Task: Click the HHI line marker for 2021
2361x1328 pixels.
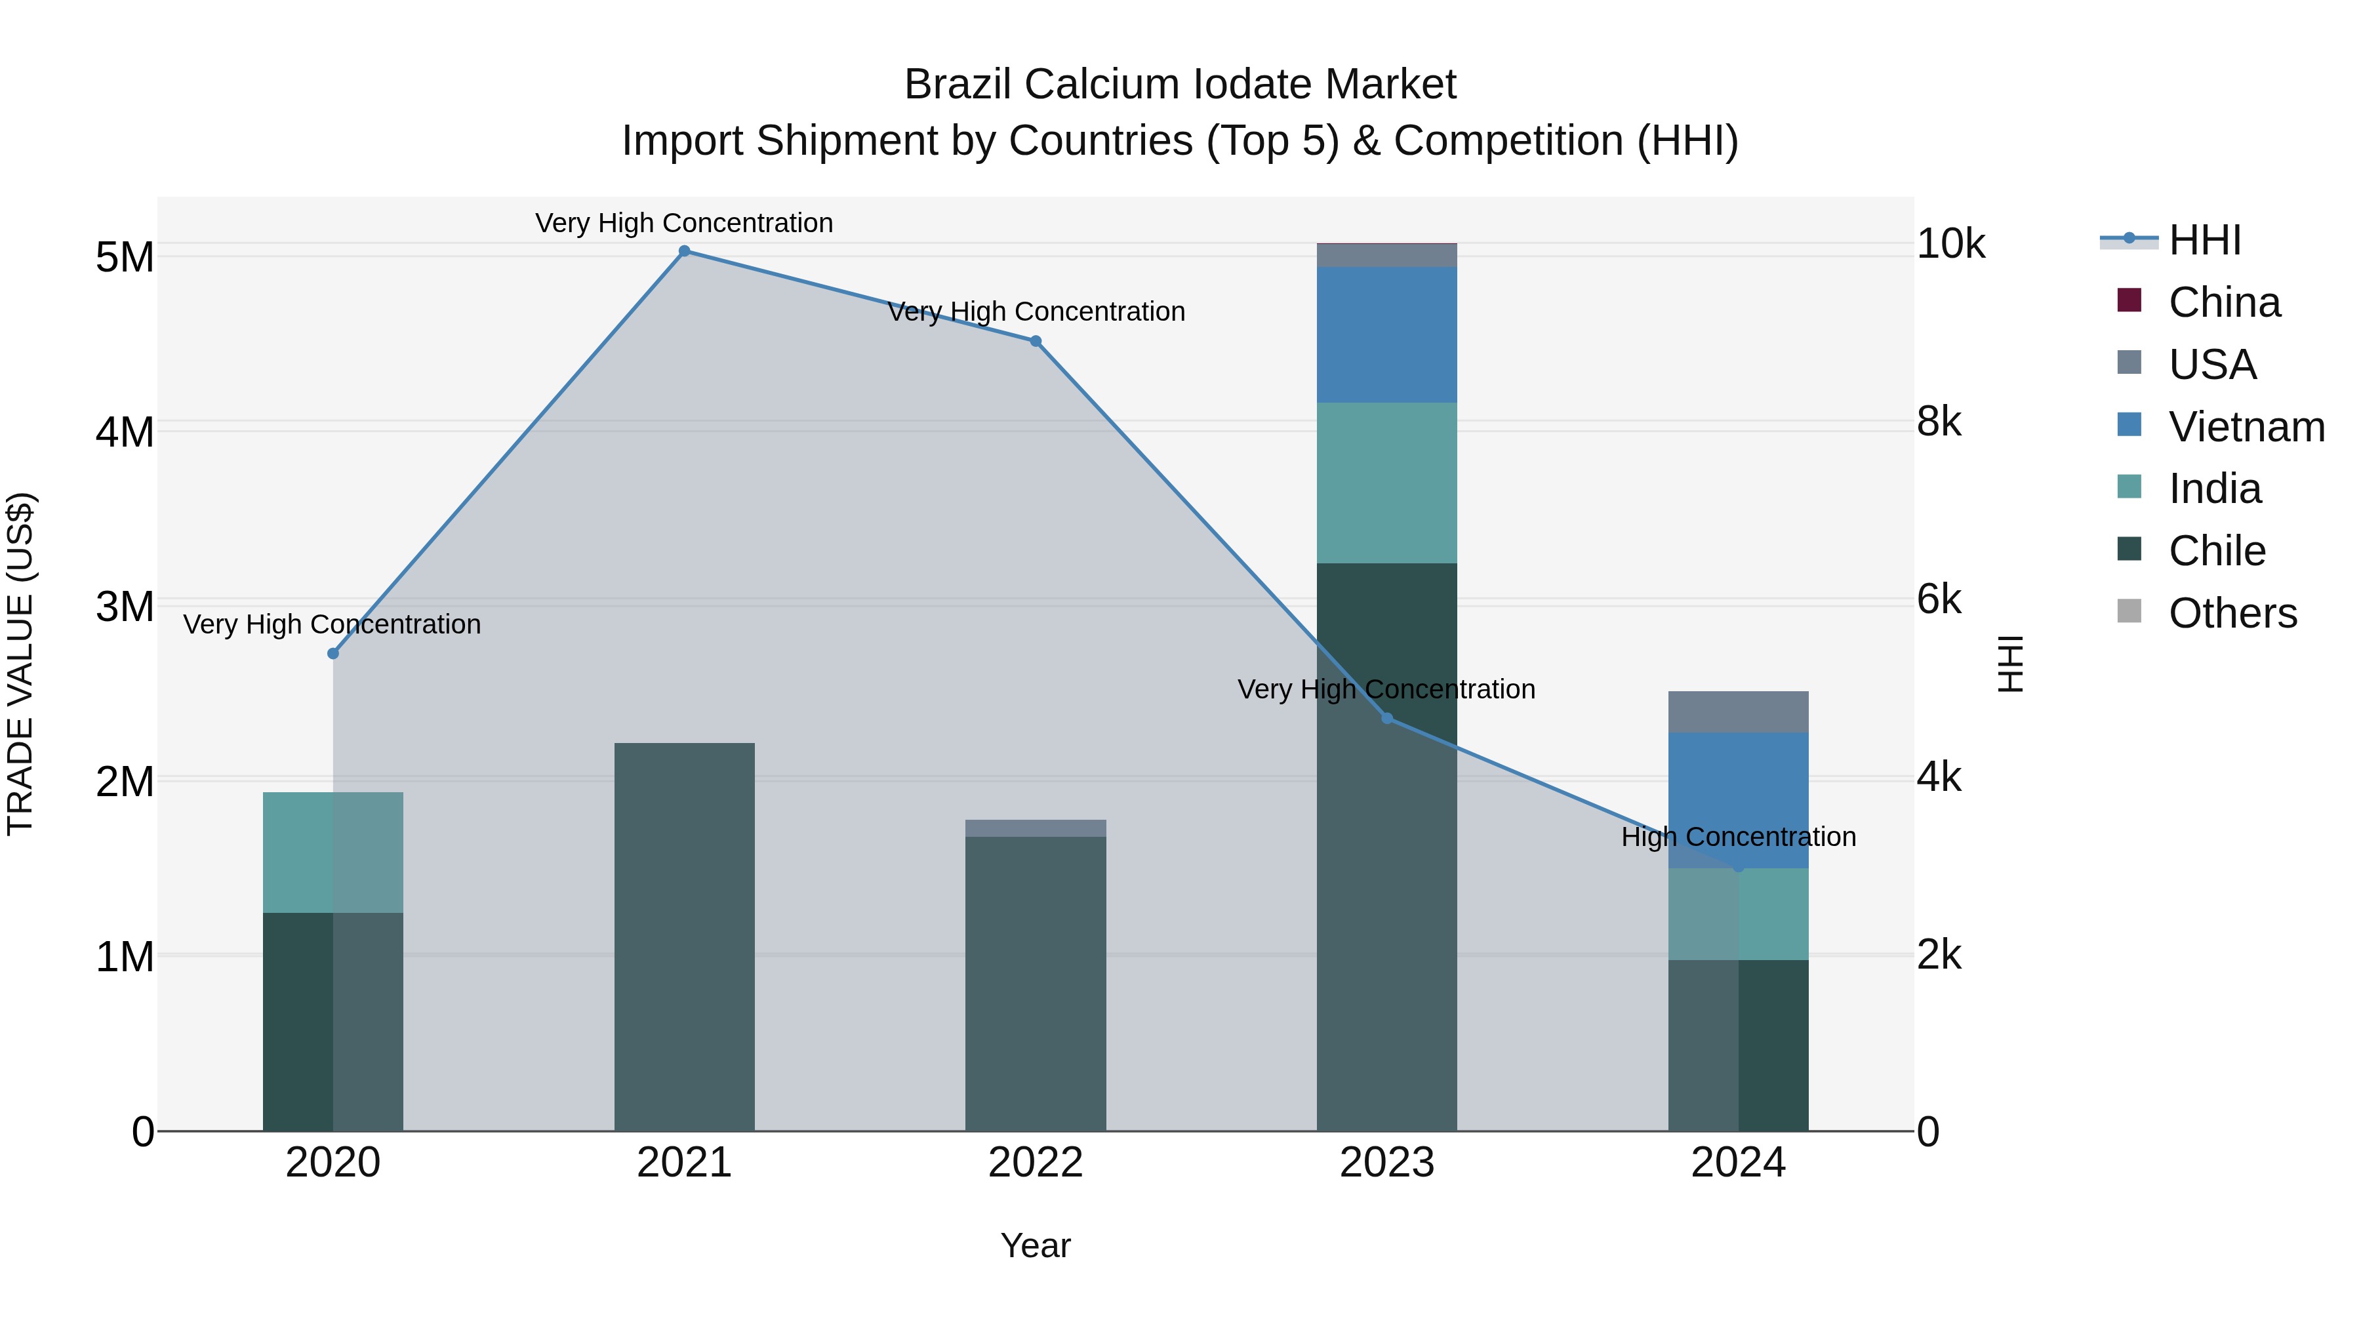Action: point(684,251)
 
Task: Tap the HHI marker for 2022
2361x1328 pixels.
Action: point(1036,341)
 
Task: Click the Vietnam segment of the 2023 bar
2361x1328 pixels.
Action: point(1386,334)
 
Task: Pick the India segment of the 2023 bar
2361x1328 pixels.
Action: point(1386,483)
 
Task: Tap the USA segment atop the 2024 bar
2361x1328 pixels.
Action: point(1738,712)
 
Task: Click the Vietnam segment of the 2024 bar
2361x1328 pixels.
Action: point(1738,788)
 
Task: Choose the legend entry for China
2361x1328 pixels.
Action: point(2223,302)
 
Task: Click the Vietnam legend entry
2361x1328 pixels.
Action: point(2246,427)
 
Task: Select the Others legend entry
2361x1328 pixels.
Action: point(2232,613)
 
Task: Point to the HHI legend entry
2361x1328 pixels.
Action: point(2204,240)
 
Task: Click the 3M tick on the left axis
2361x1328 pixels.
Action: point(125,607)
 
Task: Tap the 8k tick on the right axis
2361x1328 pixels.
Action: point(1939,422)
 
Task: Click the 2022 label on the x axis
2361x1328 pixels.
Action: point(1036,1163)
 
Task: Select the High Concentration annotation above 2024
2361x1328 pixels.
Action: point(1738,837)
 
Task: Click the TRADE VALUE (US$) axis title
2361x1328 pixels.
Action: point(20,664)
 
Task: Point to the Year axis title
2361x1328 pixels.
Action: point(1036,1245)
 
